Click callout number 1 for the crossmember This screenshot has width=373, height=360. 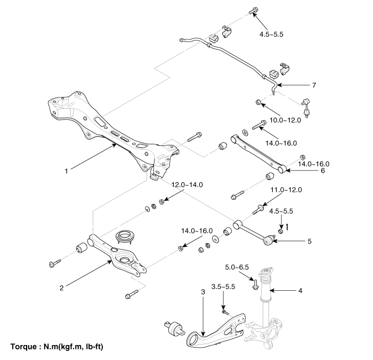[x=66, y=171]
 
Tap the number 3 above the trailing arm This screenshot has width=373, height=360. [x=203, y=292]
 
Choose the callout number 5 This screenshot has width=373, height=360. [x=310, y=241]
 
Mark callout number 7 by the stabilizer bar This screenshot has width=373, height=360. [x=314, y=85]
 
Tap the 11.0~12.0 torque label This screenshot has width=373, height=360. [x=286, y=190]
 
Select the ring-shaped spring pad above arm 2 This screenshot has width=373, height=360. [x=127, y=235]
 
